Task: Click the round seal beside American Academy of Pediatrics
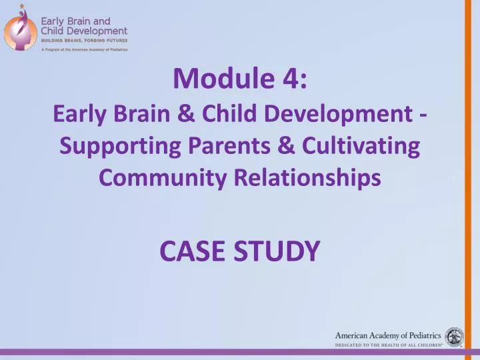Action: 455,336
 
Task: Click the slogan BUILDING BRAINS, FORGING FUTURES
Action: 84,40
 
